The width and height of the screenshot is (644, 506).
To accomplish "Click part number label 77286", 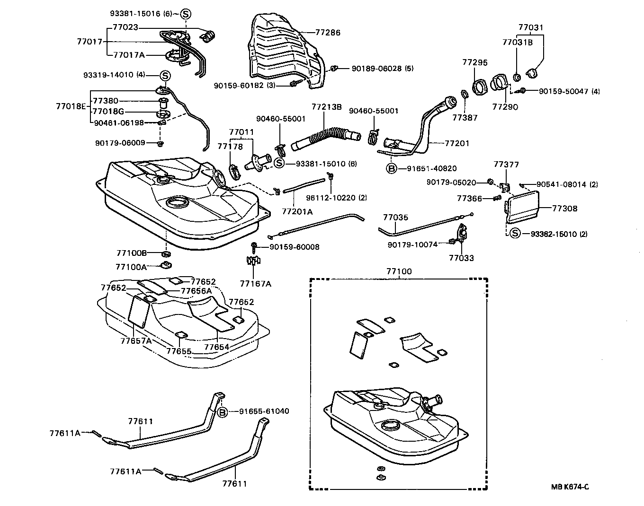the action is (328, 33).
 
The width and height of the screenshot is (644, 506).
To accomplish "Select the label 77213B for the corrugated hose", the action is (326, 107).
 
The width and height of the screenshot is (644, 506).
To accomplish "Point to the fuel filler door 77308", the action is (522, 206).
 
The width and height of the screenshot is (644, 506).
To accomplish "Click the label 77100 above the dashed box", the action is (399, 271).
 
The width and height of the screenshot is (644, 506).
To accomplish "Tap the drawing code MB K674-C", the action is (570, 487).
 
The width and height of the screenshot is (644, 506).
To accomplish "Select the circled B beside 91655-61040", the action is (223, 411).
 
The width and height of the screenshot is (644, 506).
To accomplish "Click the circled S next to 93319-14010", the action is (164, 75).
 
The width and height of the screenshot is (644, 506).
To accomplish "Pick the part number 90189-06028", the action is (382, 68).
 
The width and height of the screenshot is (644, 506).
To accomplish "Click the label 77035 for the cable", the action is (395, 218).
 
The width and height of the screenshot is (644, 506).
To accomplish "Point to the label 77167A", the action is (255, 283).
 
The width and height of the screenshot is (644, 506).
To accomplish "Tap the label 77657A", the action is (135, 340).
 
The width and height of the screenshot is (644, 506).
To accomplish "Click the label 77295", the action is (475, 62).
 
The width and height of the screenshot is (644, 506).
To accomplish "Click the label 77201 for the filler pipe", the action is (456, 143).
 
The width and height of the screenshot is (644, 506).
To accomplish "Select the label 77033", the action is (461, 258).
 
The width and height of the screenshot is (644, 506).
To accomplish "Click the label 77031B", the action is (517, 42).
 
